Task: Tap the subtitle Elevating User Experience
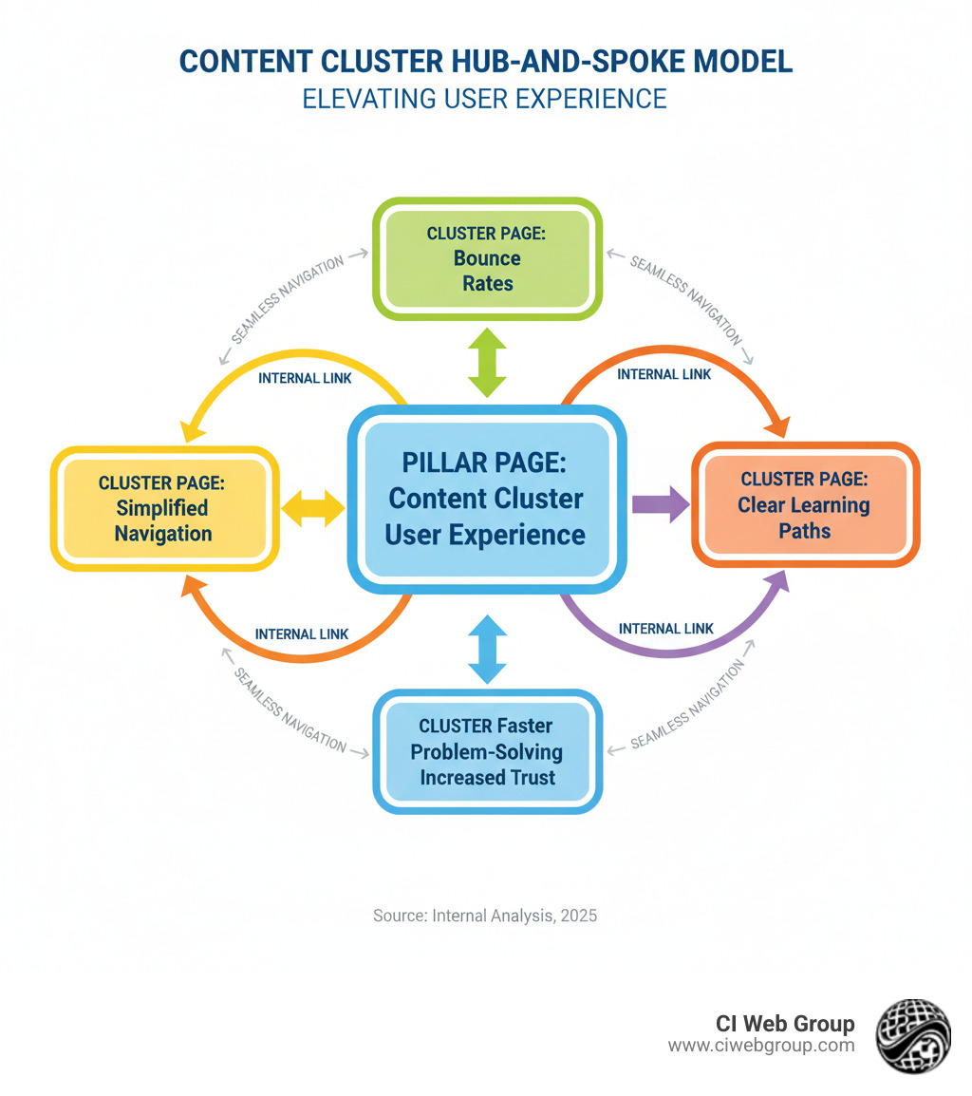(x=485, y=98)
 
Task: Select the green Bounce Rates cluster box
(x=487, y=258)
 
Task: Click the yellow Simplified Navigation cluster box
(x=163, y=508)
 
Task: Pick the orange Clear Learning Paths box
(x=804, y=504)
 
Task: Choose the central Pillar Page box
(x=485, y=500)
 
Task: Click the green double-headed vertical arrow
(x=487, y=362)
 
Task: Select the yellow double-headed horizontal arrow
(x=313, y=508)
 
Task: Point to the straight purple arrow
(x=661, y=504)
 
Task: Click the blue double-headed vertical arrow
(x=487, y=649)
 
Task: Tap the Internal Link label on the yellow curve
(x=306, y=377)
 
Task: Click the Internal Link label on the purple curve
(x=665, y=629)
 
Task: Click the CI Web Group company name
(x=785, y=1024)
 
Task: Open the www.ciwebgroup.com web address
(x=760, y=1046)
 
